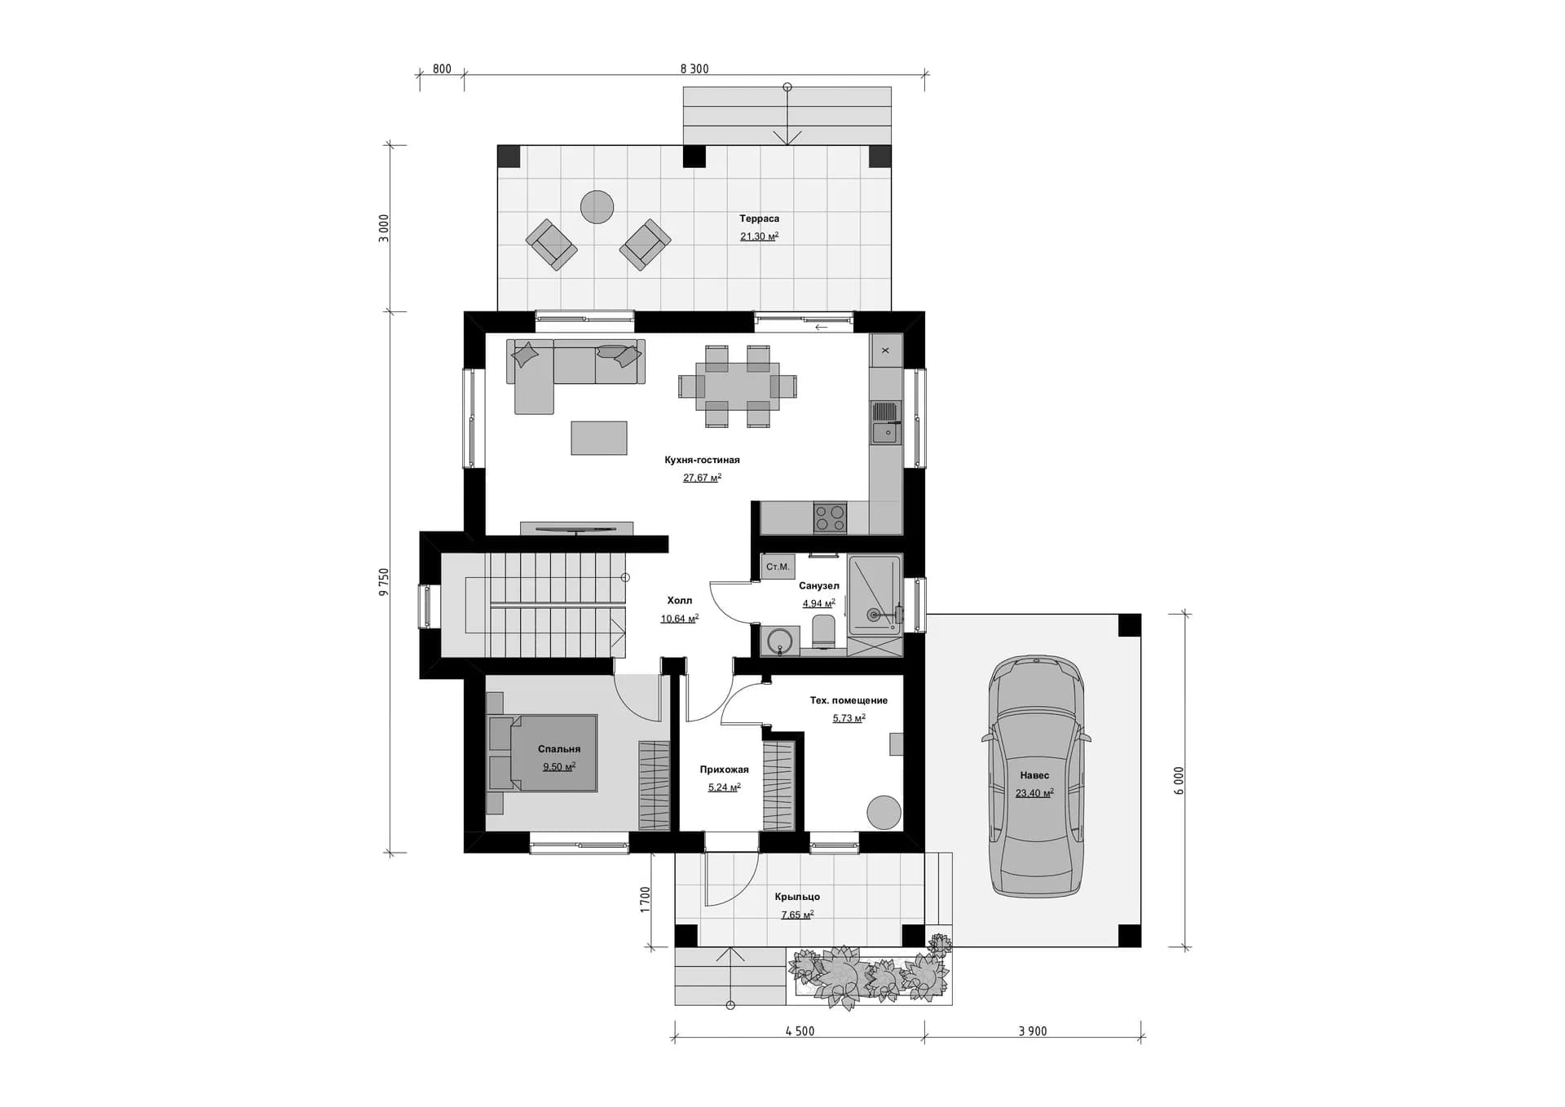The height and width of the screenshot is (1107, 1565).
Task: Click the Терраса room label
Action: click(759, 218)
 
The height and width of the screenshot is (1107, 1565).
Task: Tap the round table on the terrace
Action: click(597, 207)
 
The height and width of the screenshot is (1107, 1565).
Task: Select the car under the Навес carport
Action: click(1036, 776)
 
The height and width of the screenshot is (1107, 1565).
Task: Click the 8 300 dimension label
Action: click(694, 69)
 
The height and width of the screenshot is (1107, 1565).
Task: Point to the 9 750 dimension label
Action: click(385, 582)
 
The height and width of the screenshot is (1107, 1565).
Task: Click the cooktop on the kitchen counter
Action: click(830, 518)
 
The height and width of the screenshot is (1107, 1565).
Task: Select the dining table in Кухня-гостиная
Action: click(738, 386)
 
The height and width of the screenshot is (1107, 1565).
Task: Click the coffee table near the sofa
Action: click(599, 438)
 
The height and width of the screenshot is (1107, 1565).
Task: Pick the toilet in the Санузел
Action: click(824, 632)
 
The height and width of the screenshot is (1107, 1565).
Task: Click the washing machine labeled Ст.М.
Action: click(778, 567)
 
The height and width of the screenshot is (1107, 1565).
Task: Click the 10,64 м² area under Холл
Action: click(680, 619)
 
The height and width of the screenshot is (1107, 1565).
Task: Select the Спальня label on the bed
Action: click(559, 749)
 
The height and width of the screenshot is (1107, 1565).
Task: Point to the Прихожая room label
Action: click(724, 770)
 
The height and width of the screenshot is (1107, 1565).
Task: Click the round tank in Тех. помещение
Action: click(884, 813)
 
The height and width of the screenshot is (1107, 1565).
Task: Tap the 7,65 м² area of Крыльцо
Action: click(797, 915)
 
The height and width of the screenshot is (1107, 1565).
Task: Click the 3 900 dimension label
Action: click(1033, 1031)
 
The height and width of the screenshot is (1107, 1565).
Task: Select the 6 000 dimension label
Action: click(1179, 781)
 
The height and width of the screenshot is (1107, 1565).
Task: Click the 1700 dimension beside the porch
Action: click(646, 899)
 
